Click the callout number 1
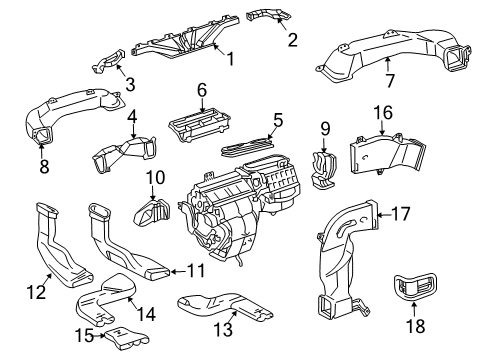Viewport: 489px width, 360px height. [x=230, y=60]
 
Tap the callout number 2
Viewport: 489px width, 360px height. [x=293, y=40]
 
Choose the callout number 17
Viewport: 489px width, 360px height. [x=400, y=212]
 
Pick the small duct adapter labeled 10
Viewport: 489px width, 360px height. [x=155, y=211]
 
